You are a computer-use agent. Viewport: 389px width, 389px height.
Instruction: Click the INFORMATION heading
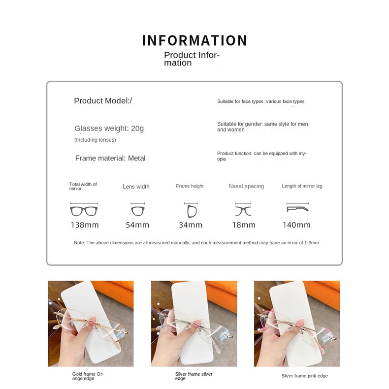(194, 40)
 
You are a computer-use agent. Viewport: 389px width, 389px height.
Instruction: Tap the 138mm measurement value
(85, 225)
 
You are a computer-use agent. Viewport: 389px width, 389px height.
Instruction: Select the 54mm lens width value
(137, 225)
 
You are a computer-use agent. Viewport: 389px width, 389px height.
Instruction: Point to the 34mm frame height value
(191, 225)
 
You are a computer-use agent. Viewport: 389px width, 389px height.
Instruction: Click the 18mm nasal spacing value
(244, 225)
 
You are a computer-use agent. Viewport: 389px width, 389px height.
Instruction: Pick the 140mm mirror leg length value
(297, 225)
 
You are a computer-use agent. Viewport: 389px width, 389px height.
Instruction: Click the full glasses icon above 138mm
(84, 211)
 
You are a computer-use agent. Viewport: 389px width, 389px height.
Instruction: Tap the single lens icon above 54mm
(138, 211)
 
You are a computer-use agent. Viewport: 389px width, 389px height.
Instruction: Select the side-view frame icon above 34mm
(192, 212)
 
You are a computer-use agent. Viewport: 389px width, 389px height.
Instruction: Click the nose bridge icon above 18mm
(243, 211)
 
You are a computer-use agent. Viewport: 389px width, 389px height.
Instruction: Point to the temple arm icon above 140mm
(297, 209)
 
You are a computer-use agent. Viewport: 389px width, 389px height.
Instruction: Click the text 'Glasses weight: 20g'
(109, 128)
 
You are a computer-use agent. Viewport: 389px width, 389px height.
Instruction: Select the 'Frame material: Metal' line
(110, 158)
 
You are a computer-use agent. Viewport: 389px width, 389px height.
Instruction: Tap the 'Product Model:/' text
(103, 101)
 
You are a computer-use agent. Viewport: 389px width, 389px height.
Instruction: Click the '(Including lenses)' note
(95, 140)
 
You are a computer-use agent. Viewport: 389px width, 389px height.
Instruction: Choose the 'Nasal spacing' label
(246, 186)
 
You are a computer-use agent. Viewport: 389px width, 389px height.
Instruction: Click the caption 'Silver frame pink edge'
(305, 376)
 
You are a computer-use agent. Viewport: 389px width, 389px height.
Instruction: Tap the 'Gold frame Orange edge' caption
(88, 376)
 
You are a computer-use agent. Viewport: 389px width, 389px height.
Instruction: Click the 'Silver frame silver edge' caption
(194, 376)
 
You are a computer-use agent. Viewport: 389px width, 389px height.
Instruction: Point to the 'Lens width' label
(136, 187)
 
